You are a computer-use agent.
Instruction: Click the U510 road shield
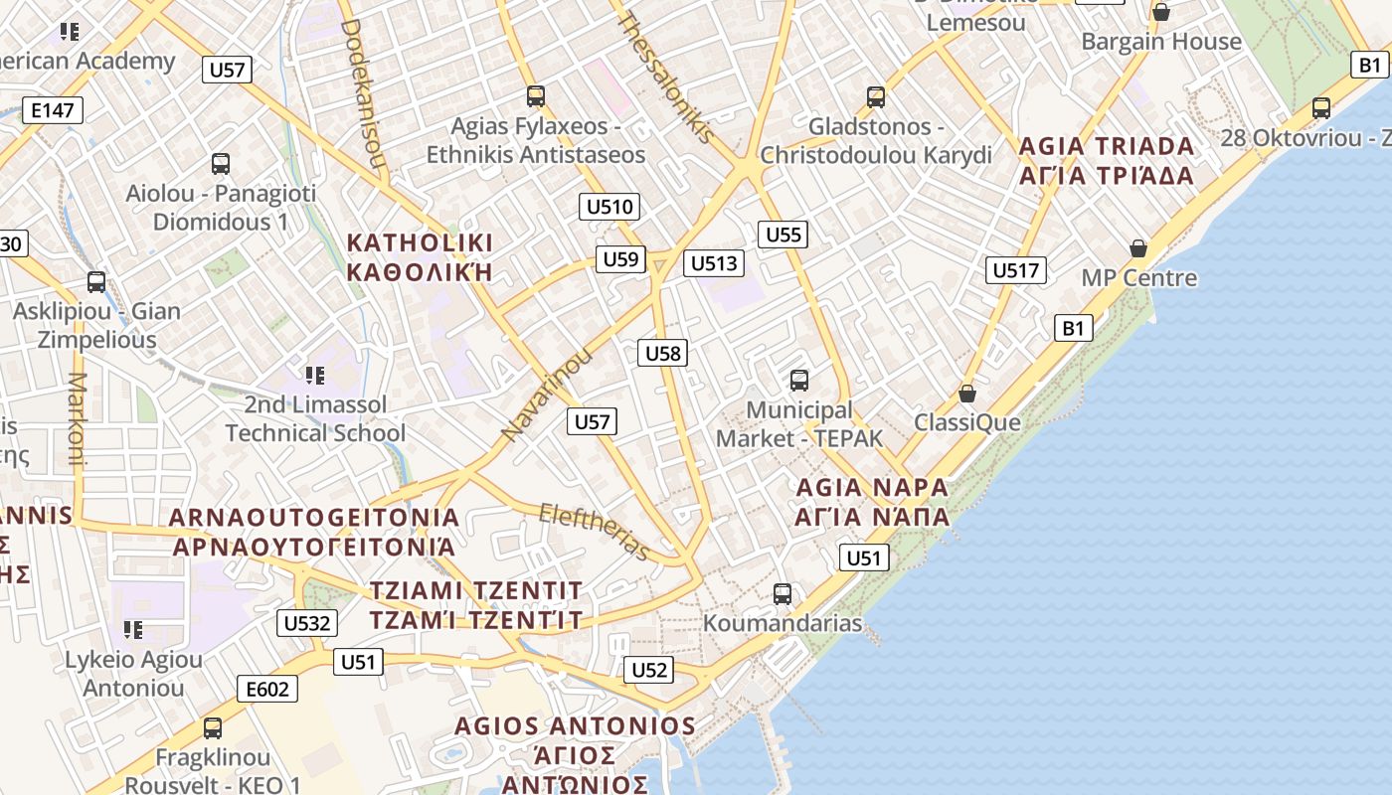[x=609, y=207]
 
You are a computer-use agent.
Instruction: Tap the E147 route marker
[x=53, y=109]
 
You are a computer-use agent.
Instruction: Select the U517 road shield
[x=1015, y=269]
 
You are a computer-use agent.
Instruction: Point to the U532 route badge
[x=306, y=623]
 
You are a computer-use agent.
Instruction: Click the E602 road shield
[x=267, y=688]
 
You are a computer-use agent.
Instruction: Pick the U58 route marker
[x=663, y=352]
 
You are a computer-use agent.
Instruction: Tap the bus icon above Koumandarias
[x=783, y=594]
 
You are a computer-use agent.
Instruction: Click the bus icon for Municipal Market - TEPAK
[x=798, y=380]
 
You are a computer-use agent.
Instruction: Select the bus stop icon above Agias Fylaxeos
[x=536, y=96]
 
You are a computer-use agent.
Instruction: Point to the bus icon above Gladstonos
[x=875, y=96]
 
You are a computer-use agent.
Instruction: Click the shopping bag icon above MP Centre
[x=1138, y=247]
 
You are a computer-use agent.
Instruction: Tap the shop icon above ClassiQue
[x=966, y=394]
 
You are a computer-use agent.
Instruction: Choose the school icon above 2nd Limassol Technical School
[x=315, y=375]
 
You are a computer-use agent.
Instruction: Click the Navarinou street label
[x=547, y=395]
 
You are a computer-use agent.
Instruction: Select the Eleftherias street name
[x=594, y=531]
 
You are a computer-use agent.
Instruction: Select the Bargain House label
[x=1161, y=42]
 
